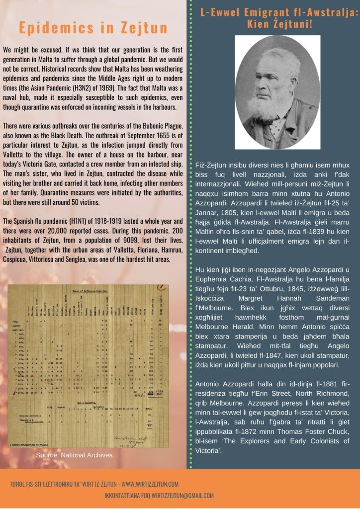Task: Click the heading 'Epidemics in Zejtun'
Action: (93, 28)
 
